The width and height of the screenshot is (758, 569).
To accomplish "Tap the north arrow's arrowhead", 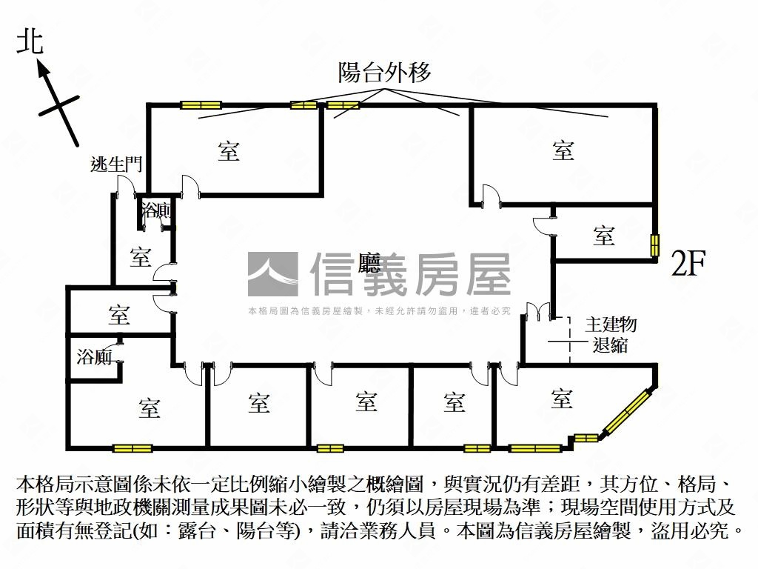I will tap(44, 70).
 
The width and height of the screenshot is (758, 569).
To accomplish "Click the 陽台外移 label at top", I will tap(384, 73).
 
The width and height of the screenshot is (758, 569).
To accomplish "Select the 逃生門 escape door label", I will tap(115, 164).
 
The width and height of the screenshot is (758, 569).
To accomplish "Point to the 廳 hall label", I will tap(369, 263).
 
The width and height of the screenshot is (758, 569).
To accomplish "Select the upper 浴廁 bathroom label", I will tap(157, 210).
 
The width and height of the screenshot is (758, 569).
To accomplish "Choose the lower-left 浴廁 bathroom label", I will tap(94, 357).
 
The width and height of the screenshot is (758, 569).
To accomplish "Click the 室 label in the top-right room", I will tap(563, 150).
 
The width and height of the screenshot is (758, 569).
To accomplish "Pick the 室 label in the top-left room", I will tap(229, 151).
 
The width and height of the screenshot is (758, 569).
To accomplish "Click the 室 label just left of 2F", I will tap(604, 236).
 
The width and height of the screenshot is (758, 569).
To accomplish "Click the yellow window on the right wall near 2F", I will tap(655, 245).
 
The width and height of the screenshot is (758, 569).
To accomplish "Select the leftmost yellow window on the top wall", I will tap(200, 104).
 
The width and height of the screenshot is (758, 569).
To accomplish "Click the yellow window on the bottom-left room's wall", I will tap(133, 448).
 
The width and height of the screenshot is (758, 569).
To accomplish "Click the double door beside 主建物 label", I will tap(538, 311).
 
